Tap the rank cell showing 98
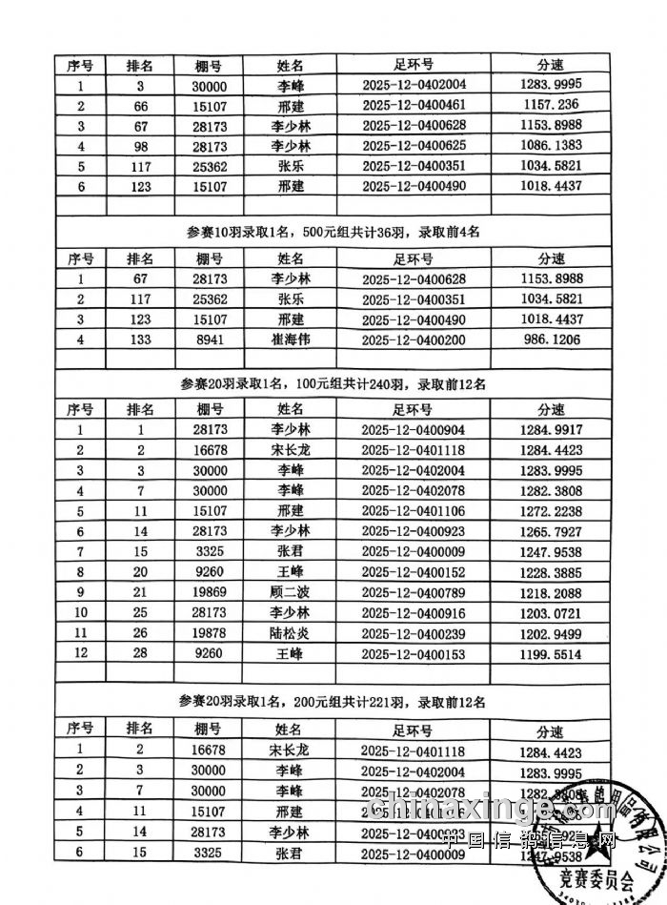click(x=140, y=146)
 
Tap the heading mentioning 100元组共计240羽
click(x=333, y=384)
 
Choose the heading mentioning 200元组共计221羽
click(x=333, y=701)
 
